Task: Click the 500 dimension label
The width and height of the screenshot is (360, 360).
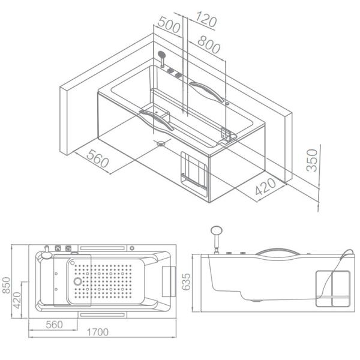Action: [169, 25]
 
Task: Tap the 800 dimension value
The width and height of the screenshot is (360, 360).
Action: [209, 44]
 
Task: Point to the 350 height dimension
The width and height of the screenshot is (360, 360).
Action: [312, 160]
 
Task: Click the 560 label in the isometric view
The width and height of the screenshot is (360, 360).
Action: [98, 158]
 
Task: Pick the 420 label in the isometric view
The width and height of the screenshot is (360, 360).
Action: [265, 187]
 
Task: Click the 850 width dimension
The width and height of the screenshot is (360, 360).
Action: [7, 285]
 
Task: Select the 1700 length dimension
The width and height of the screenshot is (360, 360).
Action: [98, 332]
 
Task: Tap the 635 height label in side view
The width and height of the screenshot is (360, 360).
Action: [186, 282]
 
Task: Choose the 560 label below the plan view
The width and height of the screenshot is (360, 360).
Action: [54, 325]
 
